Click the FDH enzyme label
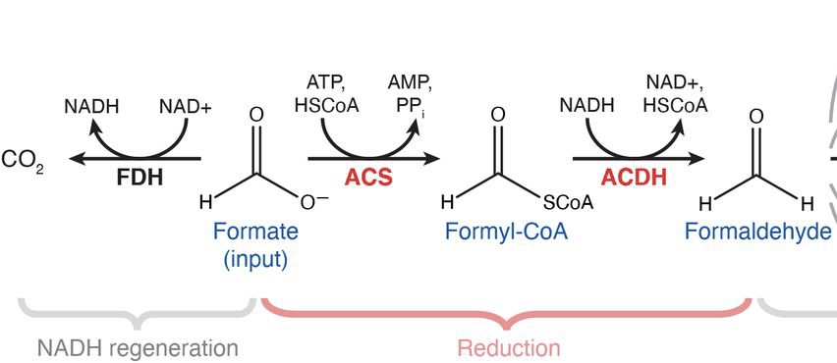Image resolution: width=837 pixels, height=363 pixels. pos(139,177)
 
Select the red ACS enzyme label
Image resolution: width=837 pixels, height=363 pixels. pos(368,177)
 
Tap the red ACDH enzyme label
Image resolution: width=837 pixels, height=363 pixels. pos(634,177)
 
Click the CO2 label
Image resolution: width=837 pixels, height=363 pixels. pos(23,161)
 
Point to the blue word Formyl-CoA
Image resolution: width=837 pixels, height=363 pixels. pos(506,232)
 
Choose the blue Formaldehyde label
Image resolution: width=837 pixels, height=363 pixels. pos(758,232)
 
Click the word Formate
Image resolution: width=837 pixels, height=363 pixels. pos(255,232)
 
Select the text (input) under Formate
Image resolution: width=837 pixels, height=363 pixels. pos(255,261)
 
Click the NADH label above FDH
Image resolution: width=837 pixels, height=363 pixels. pos(91,107)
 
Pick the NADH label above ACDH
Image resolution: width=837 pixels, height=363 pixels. pos(587,106)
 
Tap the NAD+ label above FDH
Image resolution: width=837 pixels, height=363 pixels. pos(186,107)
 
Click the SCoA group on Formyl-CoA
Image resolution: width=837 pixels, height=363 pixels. pos(568,202)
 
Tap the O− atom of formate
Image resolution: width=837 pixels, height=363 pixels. pos(314,202)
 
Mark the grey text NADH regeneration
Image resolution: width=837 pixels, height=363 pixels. pos(138,348)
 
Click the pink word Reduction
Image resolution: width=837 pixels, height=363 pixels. pos(509,348)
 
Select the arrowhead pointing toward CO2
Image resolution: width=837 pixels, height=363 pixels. pos(78,158)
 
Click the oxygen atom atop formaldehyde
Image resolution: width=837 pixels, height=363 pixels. pos(755,117)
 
